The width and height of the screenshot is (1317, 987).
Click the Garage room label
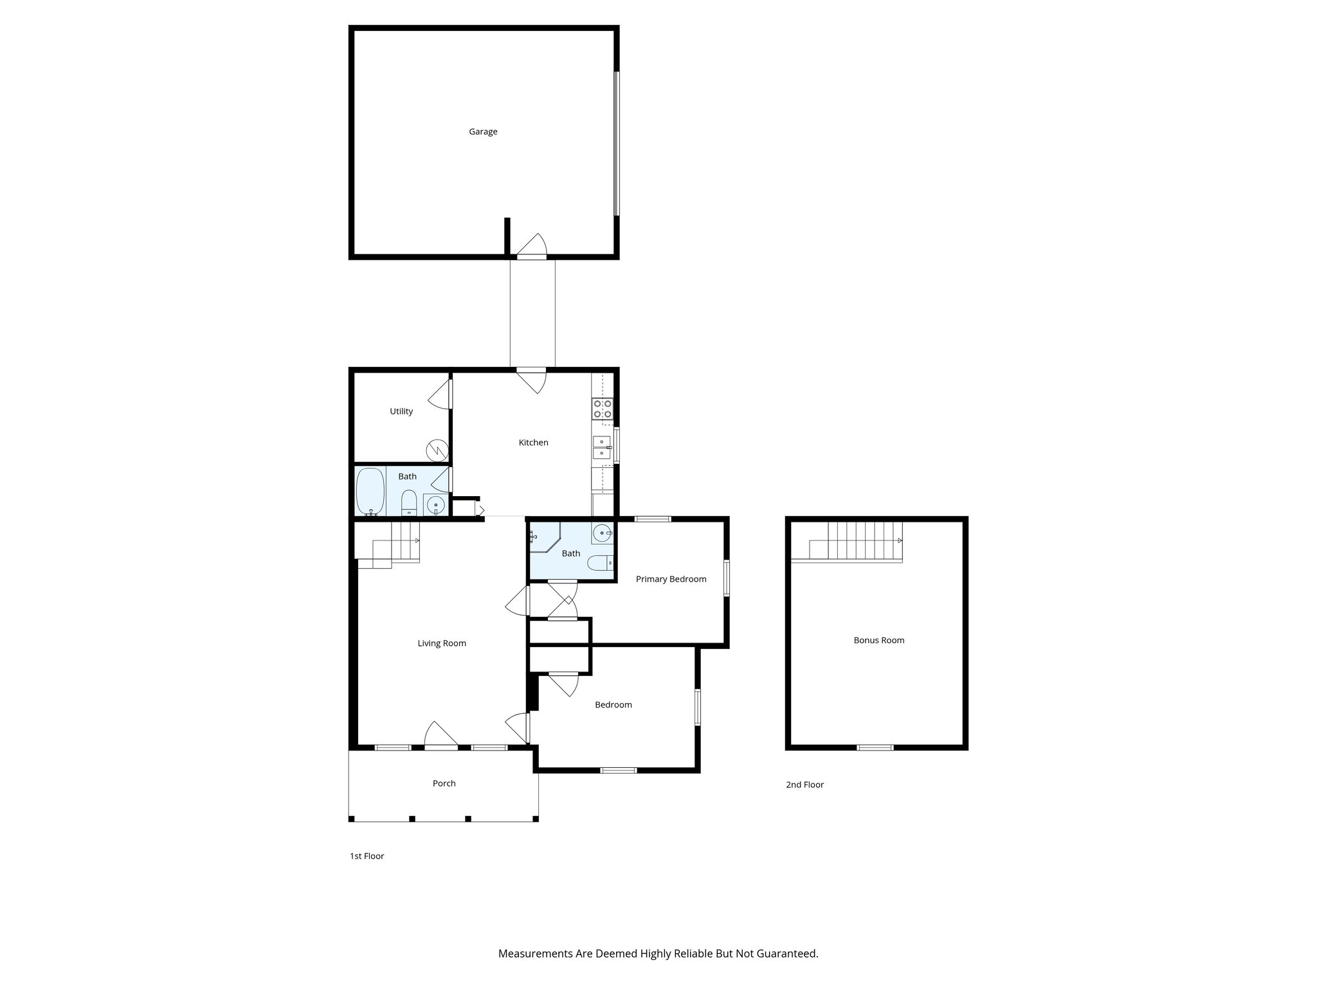tap(483, 132)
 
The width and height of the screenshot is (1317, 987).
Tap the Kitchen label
tap(533, 443)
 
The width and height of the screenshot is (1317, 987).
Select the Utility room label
tap(401, 411)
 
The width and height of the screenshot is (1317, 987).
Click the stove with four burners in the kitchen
tap(603, 409)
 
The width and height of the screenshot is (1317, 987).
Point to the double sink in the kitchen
tap(602, 447)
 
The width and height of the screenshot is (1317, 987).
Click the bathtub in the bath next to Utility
tap(370, 492)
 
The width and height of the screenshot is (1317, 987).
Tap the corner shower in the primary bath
tap(542, 537)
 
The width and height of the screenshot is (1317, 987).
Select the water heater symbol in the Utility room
tap(437, 449)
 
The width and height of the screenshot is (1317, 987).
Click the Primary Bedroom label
tap(671, 579)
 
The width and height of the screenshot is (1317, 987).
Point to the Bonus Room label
tap(878, 640)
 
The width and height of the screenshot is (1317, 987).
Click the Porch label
tap(444, 783)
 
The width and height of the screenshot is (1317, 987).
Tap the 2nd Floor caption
tap(804, 785)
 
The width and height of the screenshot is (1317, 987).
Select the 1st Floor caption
tap(367, 856)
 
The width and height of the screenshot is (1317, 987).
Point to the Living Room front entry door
tap(441, 736)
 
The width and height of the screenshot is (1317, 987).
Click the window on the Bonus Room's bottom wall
tap(875, 747)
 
